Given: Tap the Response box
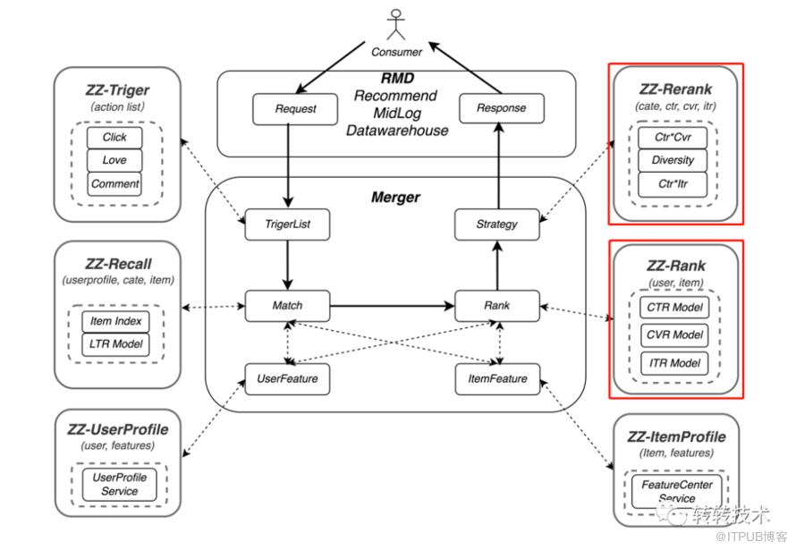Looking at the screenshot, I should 492,109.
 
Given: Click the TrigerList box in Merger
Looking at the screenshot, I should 288,224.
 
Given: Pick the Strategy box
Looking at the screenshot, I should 497,224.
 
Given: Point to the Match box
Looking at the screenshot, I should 287,305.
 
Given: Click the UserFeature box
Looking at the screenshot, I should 287,378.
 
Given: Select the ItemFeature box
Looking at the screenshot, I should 497,378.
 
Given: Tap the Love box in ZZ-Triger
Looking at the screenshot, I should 114,161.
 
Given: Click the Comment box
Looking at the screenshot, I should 114,184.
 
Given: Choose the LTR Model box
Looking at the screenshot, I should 115,343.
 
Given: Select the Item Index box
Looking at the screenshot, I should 115,321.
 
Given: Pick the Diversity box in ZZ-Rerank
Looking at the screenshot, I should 674,162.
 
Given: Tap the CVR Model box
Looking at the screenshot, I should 674,336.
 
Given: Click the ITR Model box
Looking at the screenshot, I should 674,363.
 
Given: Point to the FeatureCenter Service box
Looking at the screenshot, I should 676,491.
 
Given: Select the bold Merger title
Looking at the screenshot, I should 395,197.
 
